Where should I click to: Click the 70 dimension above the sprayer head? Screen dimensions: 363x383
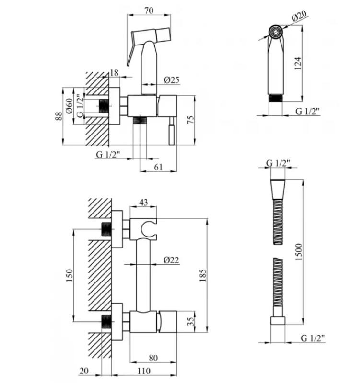click(x=149, y=11)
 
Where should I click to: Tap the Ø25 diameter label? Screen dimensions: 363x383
click(x=172, y=80)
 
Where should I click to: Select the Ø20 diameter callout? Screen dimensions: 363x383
click(x=299, y=16)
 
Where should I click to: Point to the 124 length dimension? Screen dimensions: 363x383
click(x=298, y=64)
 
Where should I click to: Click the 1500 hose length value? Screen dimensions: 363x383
click(x=299, y=252)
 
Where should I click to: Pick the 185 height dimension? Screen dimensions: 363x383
click(x=203, y=275)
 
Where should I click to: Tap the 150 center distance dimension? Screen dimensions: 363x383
click(x=70, y=275)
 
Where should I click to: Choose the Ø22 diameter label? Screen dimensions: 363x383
click(x=171, y=260)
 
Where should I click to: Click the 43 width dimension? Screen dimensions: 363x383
click(x=143, y=202)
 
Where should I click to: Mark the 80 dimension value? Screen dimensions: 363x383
click(x=153, y=358)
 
